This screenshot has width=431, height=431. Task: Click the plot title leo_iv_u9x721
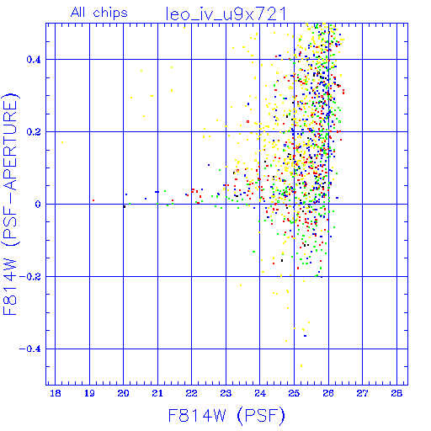(226, 13)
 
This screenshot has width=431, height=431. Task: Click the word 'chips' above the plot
(110, 13)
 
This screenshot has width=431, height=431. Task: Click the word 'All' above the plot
(77, 12)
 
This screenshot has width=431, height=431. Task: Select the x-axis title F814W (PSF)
(226, 416)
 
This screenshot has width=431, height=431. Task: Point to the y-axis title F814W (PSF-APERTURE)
(11, 204)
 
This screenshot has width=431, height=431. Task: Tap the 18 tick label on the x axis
(56, 394)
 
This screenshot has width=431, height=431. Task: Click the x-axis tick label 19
(89, 394)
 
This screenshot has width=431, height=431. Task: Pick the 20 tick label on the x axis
(123, 394)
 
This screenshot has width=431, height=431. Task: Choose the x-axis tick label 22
(191, 394)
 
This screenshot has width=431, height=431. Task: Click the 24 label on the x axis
(260, 394)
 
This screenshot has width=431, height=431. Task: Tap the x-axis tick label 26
(328, 394)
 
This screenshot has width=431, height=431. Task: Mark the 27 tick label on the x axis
(362, 394)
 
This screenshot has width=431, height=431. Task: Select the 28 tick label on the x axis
(396, 394)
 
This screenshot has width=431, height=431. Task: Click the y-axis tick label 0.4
(34, 60)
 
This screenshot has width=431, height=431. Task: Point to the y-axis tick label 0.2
(34, 132)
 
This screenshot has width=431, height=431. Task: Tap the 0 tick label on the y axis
(38, 205)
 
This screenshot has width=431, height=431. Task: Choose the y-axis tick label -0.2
(30, 277)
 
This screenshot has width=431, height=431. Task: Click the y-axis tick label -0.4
(30, 349)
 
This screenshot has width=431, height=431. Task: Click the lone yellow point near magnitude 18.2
(62, 142)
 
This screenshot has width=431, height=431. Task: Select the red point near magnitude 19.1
(93, 200)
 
